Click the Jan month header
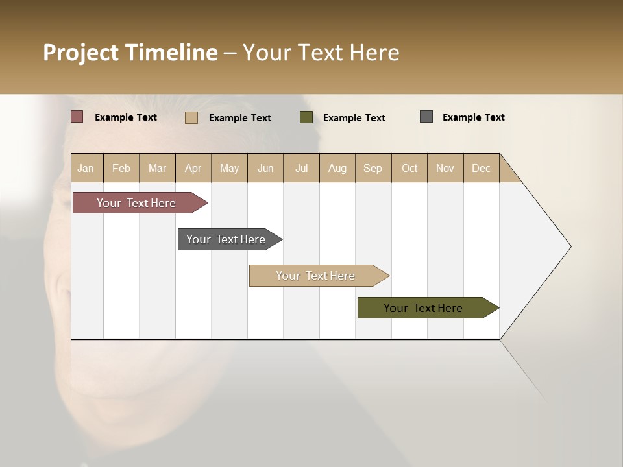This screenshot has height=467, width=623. (86, 168)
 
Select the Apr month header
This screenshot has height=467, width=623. (193, 168)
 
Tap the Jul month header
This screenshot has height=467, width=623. (301, 168)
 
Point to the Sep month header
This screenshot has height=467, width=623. (373, 168)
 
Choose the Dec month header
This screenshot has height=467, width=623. (481, 168)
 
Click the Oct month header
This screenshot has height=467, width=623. (409, 168)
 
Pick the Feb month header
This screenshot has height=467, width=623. (121, 168)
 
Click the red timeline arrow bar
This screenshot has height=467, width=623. (136, 203)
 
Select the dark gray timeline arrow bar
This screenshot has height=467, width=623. (226, 239)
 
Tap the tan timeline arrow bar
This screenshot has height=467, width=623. (315, 276)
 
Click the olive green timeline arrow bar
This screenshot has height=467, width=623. (423, 308)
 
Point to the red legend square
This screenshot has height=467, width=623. (77, 117)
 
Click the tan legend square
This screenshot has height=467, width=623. (191, 117)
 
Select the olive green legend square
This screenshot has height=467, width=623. (306, 117)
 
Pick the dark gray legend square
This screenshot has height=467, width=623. (426, 117)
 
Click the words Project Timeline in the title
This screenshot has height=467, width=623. (130, 53)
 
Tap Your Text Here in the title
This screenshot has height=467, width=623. (321, 53)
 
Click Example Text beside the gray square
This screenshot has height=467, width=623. (473, 117)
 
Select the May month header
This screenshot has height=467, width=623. (229, 168)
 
